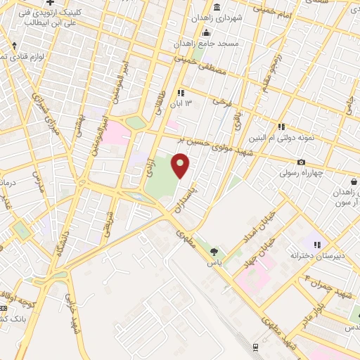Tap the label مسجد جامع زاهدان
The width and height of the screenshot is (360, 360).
[x=210, y=44]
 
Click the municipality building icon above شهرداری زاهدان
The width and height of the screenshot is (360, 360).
[x=215, y=8]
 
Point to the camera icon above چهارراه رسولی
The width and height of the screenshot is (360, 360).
[x=301, y=162]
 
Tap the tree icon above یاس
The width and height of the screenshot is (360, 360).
[x=214, y=251]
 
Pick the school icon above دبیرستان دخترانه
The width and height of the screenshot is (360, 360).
[x=317, y=245]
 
